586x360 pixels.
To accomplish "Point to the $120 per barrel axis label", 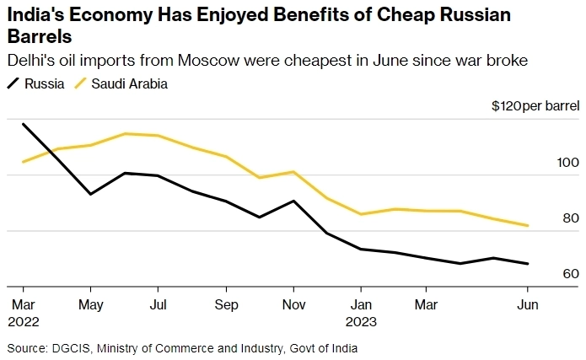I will (535, 105).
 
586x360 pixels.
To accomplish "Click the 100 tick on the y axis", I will (569, 163).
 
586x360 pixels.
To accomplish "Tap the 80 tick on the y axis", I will (571, 218).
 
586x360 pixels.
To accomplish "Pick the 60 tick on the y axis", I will (571, 274).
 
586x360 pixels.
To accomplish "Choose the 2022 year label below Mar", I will (24, 321).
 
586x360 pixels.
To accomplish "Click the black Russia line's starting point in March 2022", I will (23, 124).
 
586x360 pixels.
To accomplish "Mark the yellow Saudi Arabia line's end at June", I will (528, 225).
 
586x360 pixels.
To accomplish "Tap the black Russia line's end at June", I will (528, 263).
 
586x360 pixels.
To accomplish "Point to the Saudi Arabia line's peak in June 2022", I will (124, 133).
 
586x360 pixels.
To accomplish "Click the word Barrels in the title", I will (39, 38).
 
